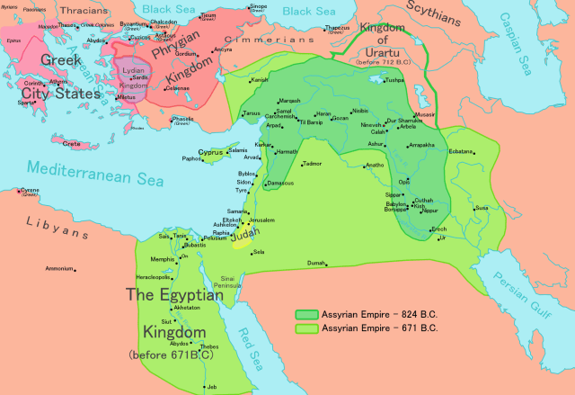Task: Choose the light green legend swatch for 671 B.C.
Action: click(x=305, y=328)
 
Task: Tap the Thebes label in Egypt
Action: click(x=208, y=346)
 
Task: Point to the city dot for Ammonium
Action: click(x=75, y=269)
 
